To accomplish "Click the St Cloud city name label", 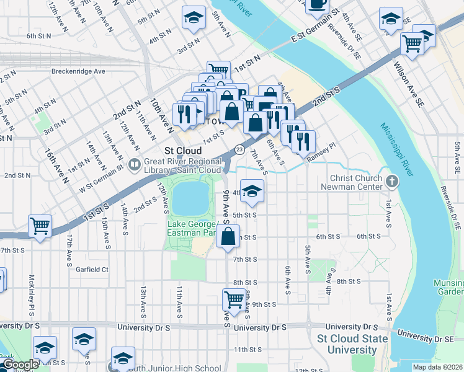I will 183,151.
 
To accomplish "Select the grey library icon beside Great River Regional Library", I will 135,164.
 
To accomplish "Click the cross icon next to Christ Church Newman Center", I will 391,182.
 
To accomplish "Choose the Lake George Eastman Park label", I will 192,228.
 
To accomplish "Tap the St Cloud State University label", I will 352,344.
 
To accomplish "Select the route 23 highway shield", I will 239,149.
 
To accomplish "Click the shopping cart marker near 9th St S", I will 234,299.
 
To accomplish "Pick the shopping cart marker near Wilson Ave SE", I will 412,43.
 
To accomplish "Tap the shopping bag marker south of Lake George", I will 228,236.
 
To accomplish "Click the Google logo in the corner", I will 20,365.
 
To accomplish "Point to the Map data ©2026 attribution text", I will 437,367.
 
